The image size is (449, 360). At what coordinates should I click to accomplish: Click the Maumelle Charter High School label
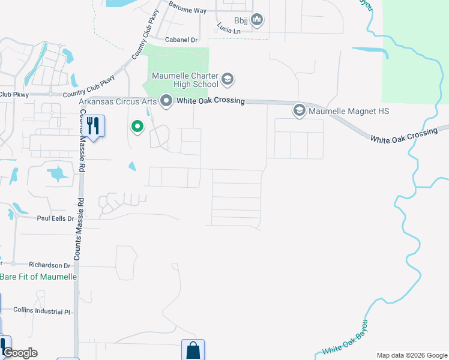185,80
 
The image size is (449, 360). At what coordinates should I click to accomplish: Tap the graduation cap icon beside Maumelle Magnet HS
299,110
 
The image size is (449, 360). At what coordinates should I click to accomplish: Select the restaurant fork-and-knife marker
92,125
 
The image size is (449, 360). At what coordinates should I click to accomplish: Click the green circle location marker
137,127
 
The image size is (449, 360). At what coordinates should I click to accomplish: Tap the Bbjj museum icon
258,20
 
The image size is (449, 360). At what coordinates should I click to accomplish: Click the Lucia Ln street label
229,30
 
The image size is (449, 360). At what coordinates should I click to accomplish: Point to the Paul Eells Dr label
55,219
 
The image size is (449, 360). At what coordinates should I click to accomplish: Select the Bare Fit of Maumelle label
38,277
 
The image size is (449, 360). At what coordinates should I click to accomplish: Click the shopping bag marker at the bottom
193,350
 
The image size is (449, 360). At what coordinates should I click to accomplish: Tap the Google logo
20,353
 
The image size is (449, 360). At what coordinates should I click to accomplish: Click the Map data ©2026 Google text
411,355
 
